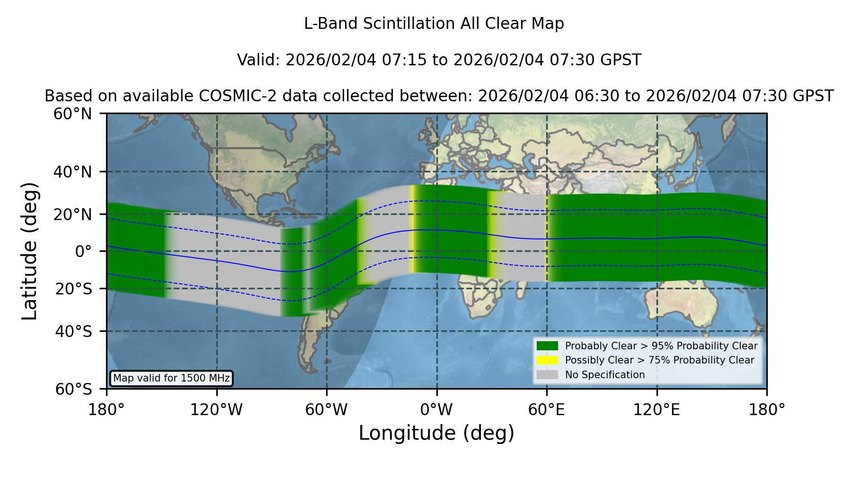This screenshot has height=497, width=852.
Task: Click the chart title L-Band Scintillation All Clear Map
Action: click(x=434, y=24)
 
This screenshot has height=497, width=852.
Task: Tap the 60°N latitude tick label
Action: click(x=73, y=114)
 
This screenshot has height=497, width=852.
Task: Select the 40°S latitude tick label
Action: click(x=74, y=331)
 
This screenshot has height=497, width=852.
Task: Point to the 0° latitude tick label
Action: click(x=83, y=251)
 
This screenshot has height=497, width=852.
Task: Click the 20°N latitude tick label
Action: click(x=73, y=214)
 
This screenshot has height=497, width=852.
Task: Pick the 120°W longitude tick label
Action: click(x=216, y=409)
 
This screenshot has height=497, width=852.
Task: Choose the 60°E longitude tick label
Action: click(x=547, y=409)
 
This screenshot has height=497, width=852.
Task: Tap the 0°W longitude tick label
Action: click(x=437, y=409)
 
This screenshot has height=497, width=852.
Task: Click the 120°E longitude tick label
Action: click(x=657, y=409)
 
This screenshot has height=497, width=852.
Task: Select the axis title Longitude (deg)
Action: click(x=436, y=433)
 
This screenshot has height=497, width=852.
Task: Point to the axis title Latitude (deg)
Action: click(x=29, y=251)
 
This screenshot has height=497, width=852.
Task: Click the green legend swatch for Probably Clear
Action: click(x=547, y=346)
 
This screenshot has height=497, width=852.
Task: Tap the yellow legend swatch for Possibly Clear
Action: click(x=547, y=360)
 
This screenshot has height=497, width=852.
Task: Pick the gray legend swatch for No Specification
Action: click(x=547, y=375)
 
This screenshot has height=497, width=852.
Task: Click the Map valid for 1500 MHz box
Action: click(x=171, y=378)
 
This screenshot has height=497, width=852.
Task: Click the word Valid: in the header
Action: click(x=259, y=60)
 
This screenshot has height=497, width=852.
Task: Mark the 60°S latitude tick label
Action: click(x=74, y=389)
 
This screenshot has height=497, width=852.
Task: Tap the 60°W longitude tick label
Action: click(x=327, y=409)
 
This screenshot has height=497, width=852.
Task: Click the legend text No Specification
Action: click(x=605, y=375)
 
